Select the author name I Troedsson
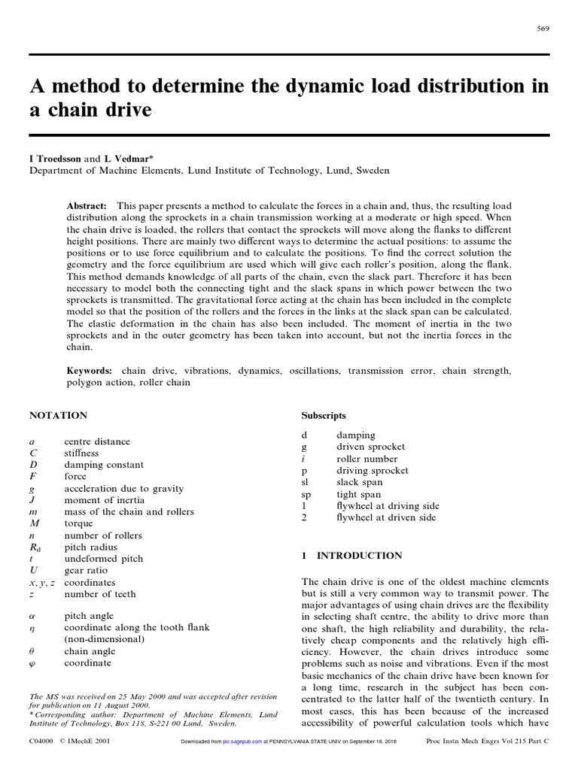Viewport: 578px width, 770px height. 55,159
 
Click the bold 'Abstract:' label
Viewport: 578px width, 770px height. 88,205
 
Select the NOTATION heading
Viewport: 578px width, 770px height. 58,415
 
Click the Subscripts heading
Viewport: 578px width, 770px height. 324,415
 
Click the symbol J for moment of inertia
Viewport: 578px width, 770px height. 32,500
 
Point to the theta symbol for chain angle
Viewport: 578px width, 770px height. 32,651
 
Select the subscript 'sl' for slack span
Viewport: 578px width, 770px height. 305,482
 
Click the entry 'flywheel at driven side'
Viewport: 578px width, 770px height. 388,518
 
